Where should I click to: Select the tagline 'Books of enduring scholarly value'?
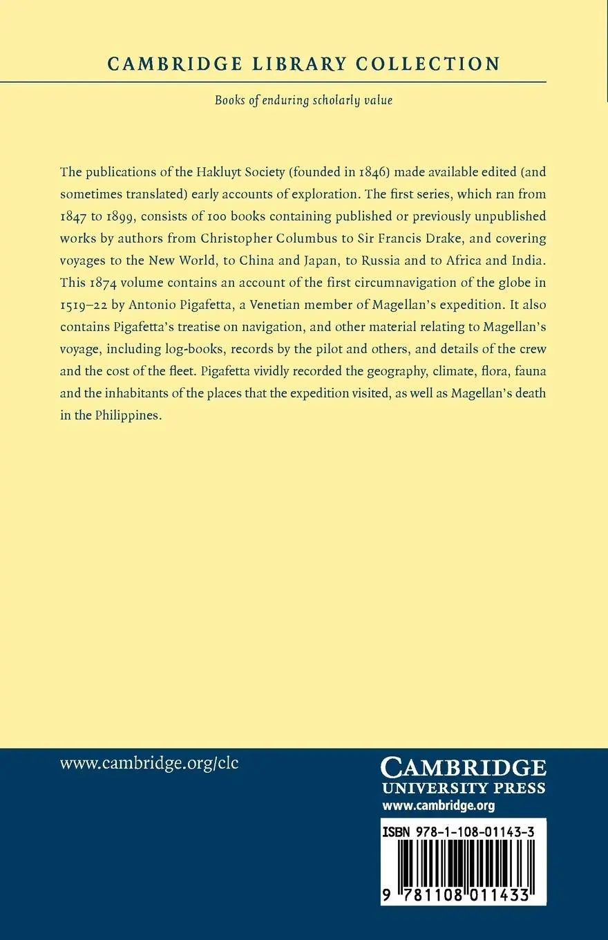tap(303, 100)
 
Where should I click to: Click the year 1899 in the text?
tap(124, 216)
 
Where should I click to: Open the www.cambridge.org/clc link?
tap(149, 764)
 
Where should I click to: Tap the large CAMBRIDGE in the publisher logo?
tap(463, 768)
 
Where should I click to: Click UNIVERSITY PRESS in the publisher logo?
tap(463, 789)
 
